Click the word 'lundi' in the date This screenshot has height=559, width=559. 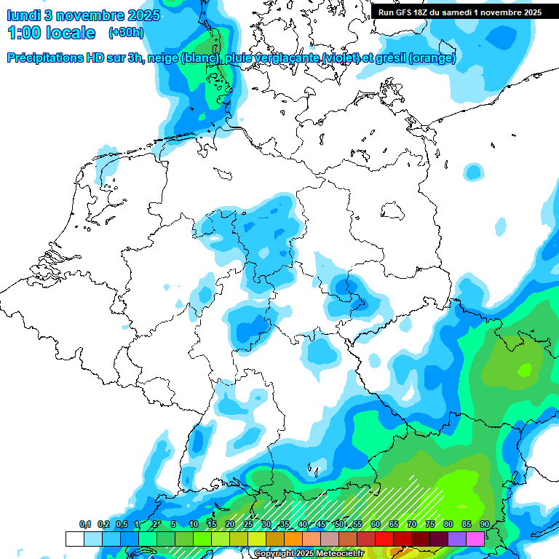pos(26,15)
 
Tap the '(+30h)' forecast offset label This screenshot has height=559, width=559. pos(126,32)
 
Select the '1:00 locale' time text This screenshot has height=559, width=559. pos(51,33)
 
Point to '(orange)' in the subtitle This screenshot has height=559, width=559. pos(432,58)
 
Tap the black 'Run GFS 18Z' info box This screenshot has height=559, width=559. pos(459,12)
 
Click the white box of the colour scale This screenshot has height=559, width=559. pos(74,539)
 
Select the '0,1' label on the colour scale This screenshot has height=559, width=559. pos(85,525)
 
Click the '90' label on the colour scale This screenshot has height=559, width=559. pos(485,525)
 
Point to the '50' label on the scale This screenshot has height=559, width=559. pos(339,525)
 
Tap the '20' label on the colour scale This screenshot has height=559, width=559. pos(230,525)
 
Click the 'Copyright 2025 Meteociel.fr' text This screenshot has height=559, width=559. pos(309,554)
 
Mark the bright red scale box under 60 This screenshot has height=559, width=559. pos(384,539)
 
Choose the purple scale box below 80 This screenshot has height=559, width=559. pos(456,539)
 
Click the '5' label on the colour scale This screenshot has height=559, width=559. pos(173,525)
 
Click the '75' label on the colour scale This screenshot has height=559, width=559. pos(430,525)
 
